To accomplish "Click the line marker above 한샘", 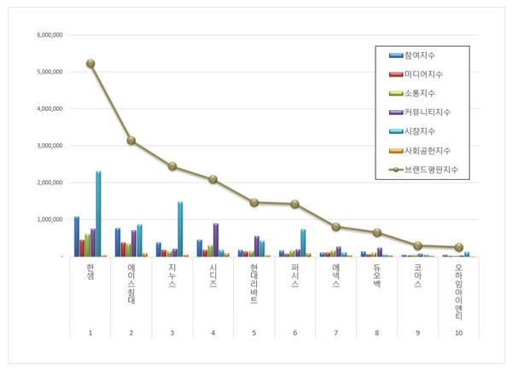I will (90, 63).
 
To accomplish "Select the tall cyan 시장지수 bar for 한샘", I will (98, 213).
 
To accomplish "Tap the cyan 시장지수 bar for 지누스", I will (180, 228).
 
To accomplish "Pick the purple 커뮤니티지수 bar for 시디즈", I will (215, 240).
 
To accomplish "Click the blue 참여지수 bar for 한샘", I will (77, 236).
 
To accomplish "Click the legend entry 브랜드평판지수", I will (433, 169).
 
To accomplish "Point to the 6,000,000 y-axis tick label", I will (49, 36).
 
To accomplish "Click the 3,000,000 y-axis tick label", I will (49, 146).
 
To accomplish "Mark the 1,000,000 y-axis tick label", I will (49, 219).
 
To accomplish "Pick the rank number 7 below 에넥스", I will (336, 332).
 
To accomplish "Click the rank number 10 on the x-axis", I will (459, 332).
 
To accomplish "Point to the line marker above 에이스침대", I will (131, 140).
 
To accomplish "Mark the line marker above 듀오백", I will (377, 232).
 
